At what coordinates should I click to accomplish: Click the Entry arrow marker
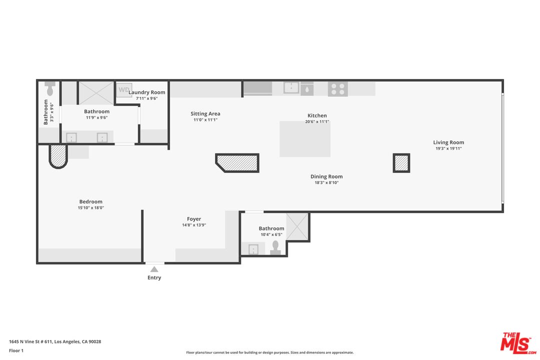(x=154, y=269)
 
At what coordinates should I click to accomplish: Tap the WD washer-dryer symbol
(x=124, y=90)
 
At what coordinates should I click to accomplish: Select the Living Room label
(x=448, y=142)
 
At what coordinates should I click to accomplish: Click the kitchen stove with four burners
(x=337, y=89)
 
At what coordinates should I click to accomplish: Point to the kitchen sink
(x=291, y=88)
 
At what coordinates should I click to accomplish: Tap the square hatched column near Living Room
(x=401, y=163)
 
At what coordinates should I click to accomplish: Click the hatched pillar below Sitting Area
(x=238, y=162)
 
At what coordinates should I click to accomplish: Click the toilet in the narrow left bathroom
(x=49, y=89)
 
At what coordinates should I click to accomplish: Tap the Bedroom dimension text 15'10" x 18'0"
(x=90, y=207)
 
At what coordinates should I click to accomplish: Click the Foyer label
(x=194, y=219)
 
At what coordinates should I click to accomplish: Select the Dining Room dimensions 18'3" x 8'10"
(x=326, y=182)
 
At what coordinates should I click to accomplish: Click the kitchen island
(x=305, y=139)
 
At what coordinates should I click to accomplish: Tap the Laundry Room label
(x=146, y=92)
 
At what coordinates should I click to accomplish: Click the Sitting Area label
(x=205, y=114)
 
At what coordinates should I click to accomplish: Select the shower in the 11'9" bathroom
(x=96, y=93)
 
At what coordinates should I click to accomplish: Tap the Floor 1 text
(x=16, y=350)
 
